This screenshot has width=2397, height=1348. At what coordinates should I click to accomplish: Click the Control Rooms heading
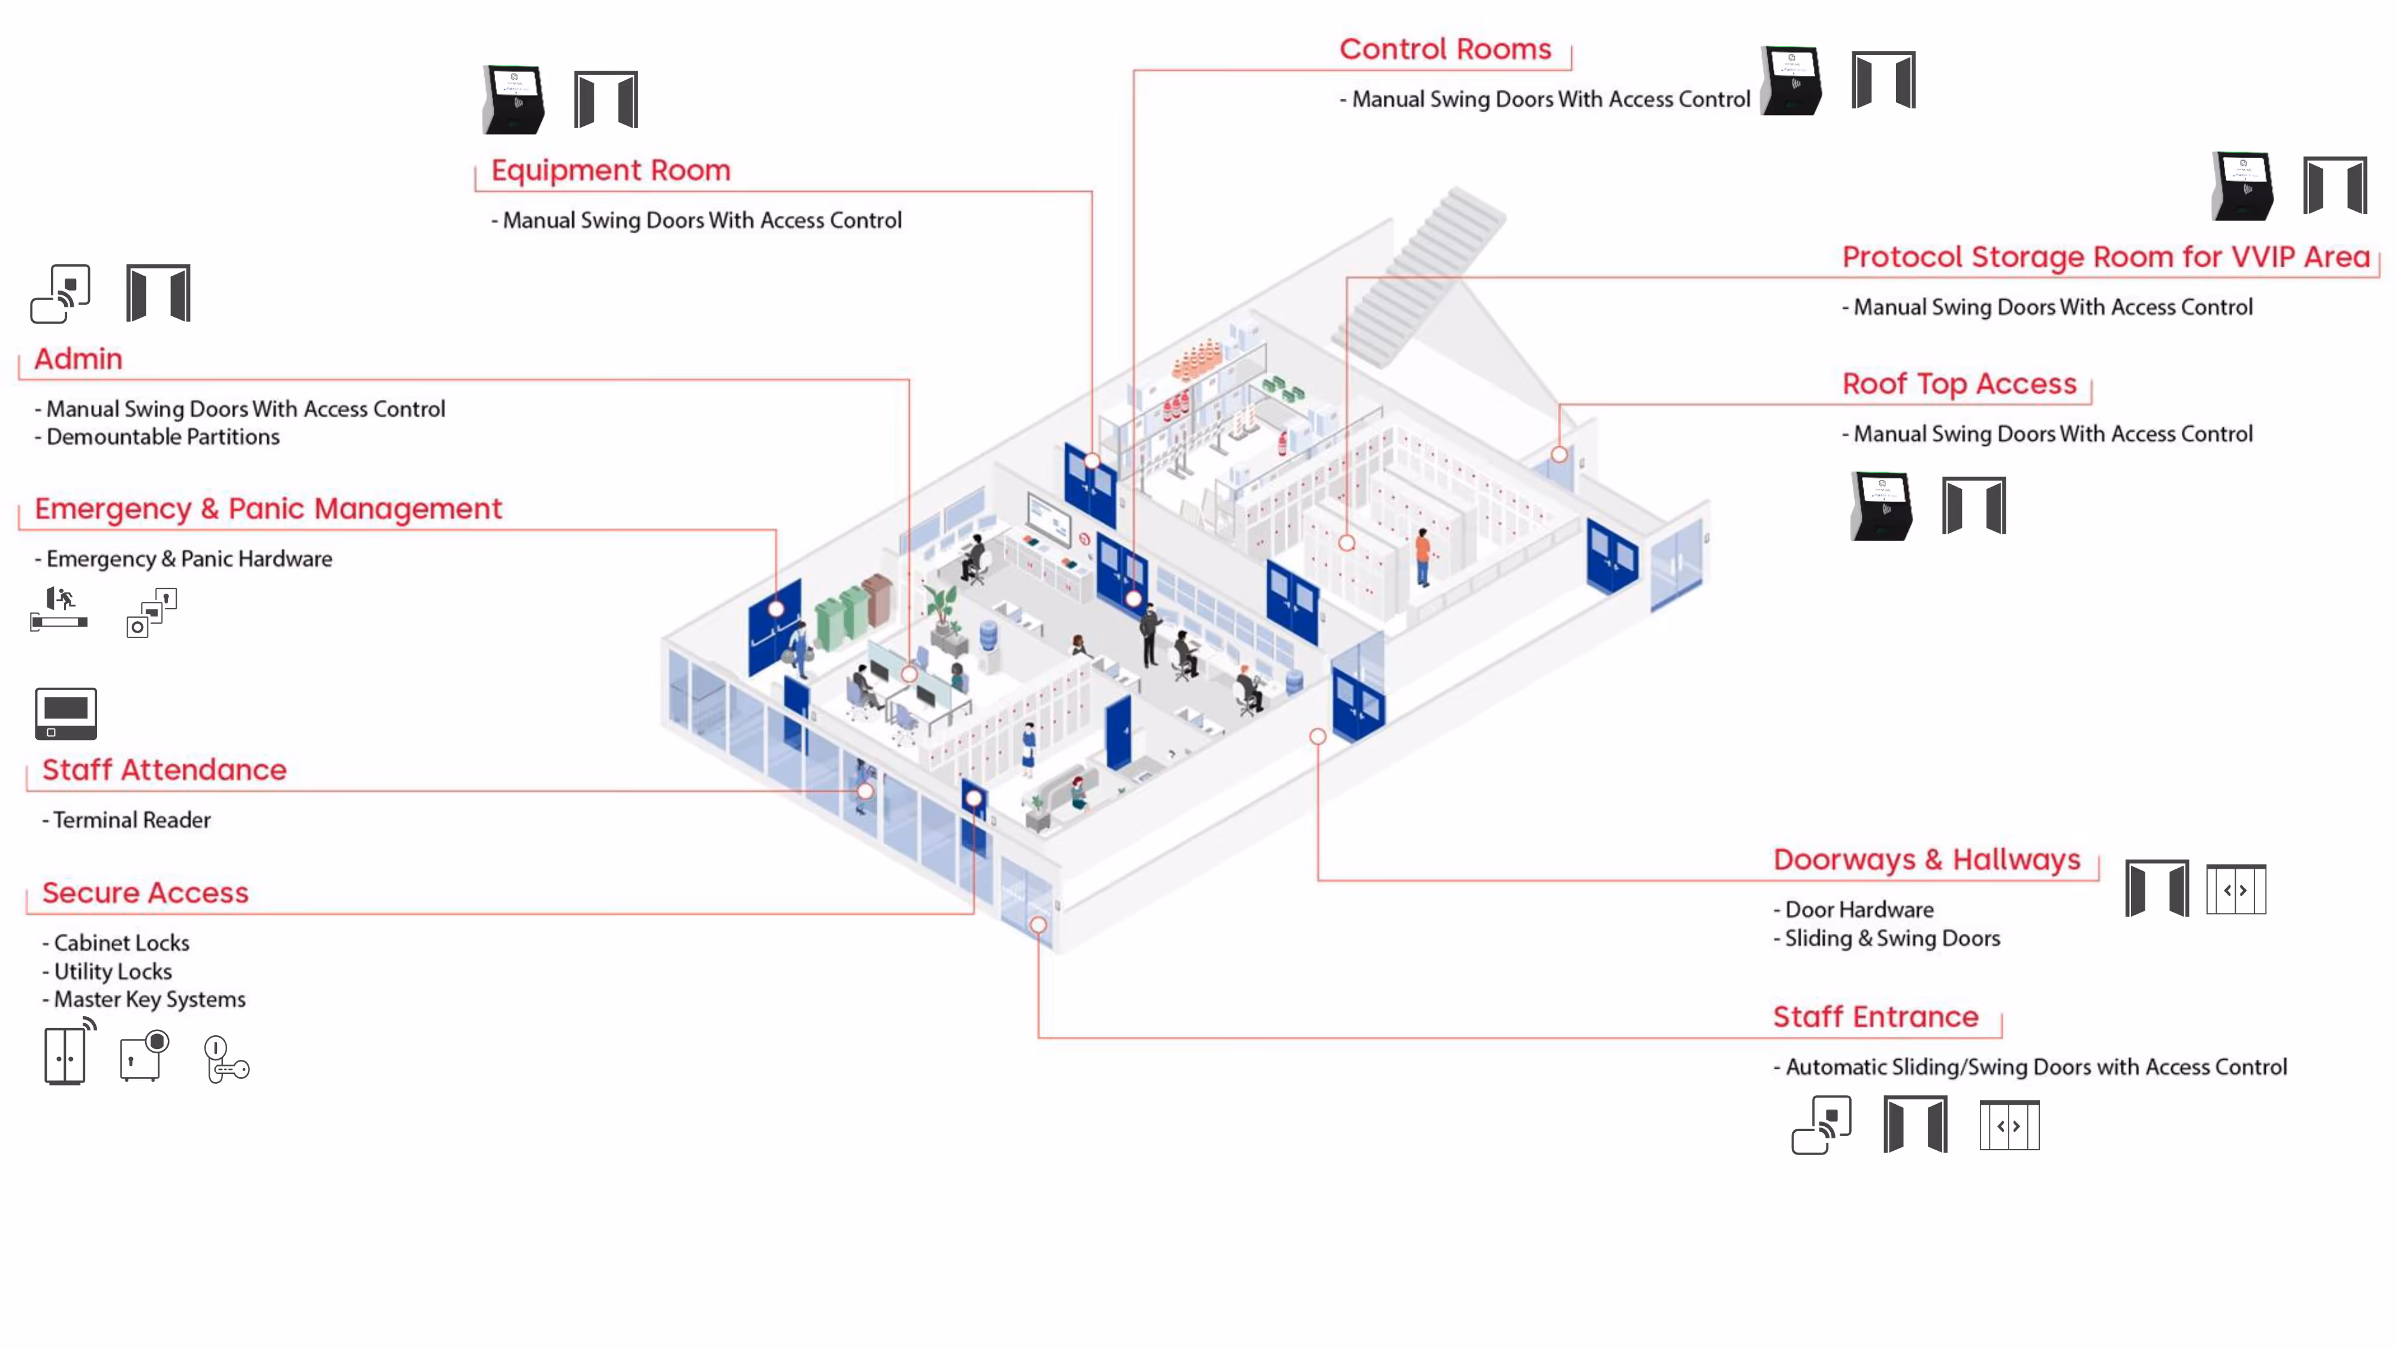point(1444,49)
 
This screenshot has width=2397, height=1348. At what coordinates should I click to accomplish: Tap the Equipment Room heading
point(611,170)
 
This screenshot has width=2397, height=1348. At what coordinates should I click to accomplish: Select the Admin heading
point(78,359)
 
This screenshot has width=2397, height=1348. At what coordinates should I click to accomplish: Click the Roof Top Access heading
point(1959,384)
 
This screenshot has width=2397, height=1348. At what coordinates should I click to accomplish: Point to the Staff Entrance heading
point(1875,1017)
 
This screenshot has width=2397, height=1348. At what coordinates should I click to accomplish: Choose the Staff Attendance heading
point(164,770)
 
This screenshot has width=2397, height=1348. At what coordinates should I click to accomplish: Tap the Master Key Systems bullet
point(149,1000)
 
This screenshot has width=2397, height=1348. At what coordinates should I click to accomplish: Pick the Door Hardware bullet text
point(1858,910)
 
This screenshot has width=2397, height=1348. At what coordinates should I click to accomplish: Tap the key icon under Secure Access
point(226,1060)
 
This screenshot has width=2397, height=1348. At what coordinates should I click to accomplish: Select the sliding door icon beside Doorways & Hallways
point(2235,890)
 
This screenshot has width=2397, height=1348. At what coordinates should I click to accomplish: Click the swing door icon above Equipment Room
point(606,99)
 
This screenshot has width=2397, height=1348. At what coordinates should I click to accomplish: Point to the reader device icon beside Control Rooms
point(1791,81)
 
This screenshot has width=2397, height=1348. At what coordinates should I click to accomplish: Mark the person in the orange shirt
point(1422,555)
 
